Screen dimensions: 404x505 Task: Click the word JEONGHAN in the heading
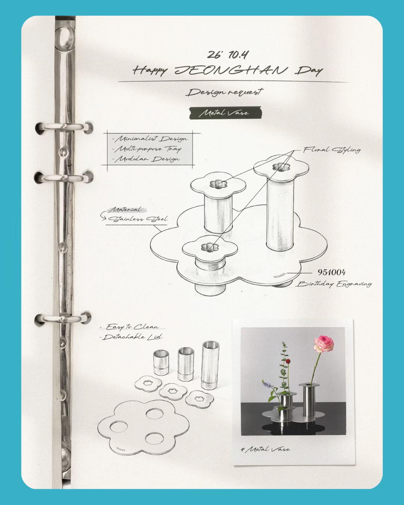pos(231,70)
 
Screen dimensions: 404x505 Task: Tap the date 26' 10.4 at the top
pos(227,55)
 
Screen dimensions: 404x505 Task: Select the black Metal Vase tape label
pos(225,113)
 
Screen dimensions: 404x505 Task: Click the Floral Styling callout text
pos(331,150)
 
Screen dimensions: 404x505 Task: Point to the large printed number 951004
pos(331,272)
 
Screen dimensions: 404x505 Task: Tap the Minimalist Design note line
pos(150,139)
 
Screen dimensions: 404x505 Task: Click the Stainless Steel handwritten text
pos(138,219)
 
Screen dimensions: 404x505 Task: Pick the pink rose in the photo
pos(324,344)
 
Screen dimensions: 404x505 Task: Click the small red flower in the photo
pos(288,361)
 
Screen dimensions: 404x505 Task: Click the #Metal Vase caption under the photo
pos(266,449)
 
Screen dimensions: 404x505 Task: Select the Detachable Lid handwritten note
pos(131,337)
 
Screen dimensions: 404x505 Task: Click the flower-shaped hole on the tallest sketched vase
pos(281,167)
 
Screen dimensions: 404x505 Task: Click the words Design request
pos(225,92)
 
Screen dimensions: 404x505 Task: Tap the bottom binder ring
pos(62,319)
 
